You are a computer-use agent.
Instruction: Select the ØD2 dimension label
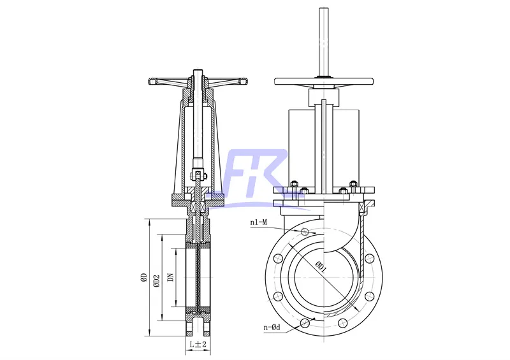(x=156, y=279)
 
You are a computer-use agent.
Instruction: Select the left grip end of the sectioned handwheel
(x=154, y=81)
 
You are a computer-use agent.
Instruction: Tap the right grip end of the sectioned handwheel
(x=244, y=81)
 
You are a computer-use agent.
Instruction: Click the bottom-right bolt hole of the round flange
(x=368, y=296)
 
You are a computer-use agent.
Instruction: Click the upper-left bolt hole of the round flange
(x=278, y=259)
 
